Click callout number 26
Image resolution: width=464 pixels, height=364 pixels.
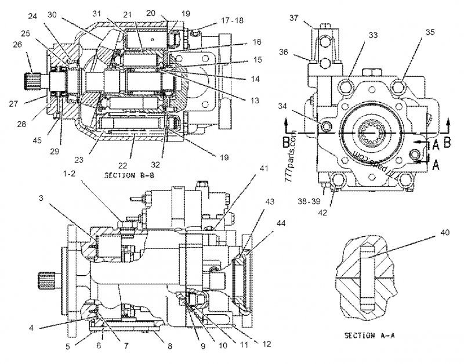tap(17, 45)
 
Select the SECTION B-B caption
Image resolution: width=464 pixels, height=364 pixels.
tap(129, 176)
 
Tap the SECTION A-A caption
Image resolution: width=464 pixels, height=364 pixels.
tap(369, 336)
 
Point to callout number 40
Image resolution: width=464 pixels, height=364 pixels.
tap(445, 232)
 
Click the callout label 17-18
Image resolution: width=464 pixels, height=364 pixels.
tap(232, 20)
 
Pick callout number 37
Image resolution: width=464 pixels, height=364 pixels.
tap(294, 18)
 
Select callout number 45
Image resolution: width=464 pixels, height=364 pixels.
tap(37, 140)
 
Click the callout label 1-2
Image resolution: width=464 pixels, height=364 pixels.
tap(69, 174)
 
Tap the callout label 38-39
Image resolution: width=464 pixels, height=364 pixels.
tap(309, 201)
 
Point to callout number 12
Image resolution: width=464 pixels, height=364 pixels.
tap(267, 344)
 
